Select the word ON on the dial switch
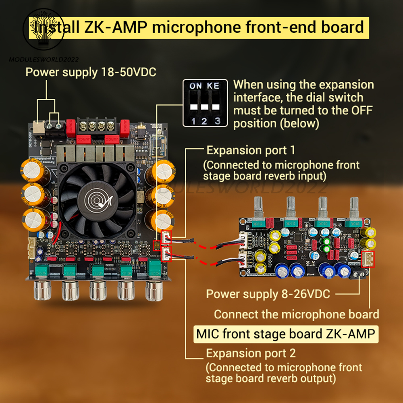(x=196, y=86)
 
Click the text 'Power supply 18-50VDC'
(x=91, y=73)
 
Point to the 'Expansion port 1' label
(x=251, y=151)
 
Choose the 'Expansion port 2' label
(x=251, y=353)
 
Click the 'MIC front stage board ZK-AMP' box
(x=287, y=334)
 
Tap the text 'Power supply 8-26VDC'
(x=268, y=294)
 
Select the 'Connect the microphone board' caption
(x=296, y=314)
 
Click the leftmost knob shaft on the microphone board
(x=258, y=207)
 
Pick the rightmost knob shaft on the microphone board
(x=355, y=207)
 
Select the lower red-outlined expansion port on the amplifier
(x=166, y=255)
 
